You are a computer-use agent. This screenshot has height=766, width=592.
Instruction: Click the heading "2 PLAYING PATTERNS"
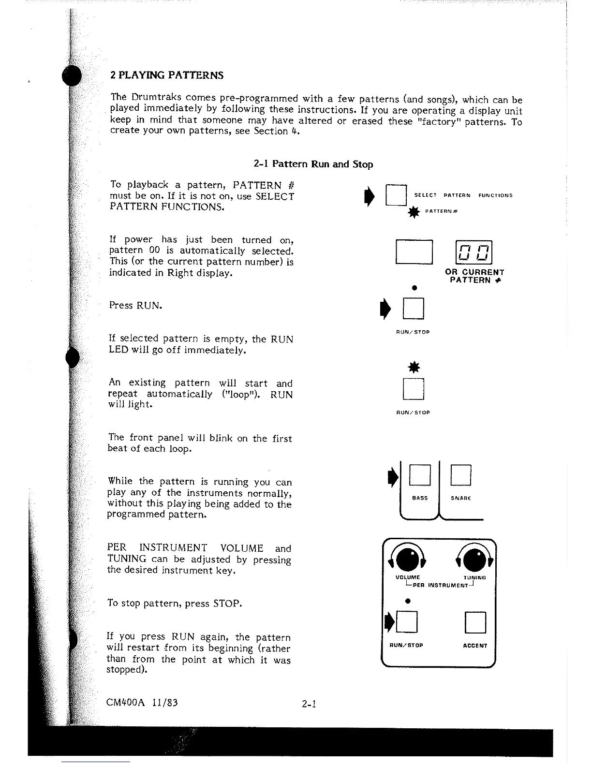[167, 75]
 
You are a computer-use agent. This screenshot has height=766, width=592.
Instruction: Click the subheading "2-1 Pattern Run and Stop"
[313, 164]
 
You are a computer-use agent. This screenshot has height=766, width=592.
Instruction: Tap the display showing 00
[474, 252]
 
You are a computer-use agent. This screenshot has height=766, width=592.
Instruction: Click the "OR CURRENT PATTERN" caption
[474, 276]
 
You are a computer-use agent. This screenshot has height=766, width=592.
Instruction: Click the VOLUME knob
[408, 560]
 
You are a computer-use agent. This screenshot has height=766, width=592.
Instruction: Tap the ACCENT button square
[475, 622]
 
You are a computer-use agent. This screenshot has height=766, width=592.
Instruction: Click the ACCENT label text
[475, 646]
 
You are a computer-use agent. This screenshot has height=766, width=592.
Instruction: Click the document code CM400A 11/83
[142, 702]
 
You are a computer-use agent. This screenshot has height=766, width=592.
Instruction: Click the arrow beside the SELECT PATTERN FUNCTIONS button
[370, 196]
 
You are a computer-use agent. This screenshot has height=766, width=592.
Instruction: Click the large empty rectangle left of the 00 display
[414, 252]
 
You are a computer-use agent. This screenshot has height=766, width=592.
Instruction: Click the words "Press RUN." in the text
[135, 305]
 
